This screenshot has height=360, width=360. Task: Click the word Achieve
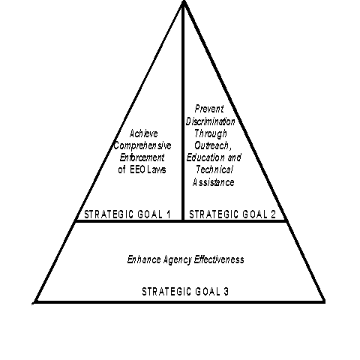click(x=144, y=133)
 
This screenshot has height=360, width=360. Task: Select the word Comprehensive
click(x=142, y=145)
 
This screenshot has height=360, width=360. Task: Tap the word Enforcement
click(x=142, y=157)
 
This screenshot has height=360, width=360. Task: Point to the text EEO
click(x=137, y=169)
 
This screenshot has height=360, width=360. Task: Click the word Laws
click(x=157, y=169)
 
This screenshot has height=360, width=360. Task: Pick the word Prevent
click(x=209, y=109)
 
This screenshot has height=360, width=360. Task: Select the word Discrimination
click(x=211, y=121)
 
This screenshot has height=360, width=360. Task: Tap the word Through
click(x=211, y=133)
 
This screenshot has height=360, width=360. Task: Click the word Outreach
click(x=211, y=145)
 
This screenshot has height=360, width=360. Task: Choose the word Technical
click(x=214, y=169)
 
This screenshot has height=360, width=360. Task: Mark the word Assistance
click(x=214, y=182)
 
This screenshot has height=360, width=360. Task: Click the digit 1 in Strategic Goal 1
click(x=169, y=214)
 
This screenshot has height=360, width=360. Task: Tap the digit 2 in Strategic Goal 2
click(x=273, y=214)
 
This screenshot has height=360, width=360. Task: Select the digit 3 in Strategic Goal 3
click(x=226, y=292)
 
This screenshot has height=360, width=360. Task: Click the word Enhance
click(x=144, y=259)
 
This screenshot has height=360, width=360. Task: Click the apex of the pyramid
click(x=184, y=1)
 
